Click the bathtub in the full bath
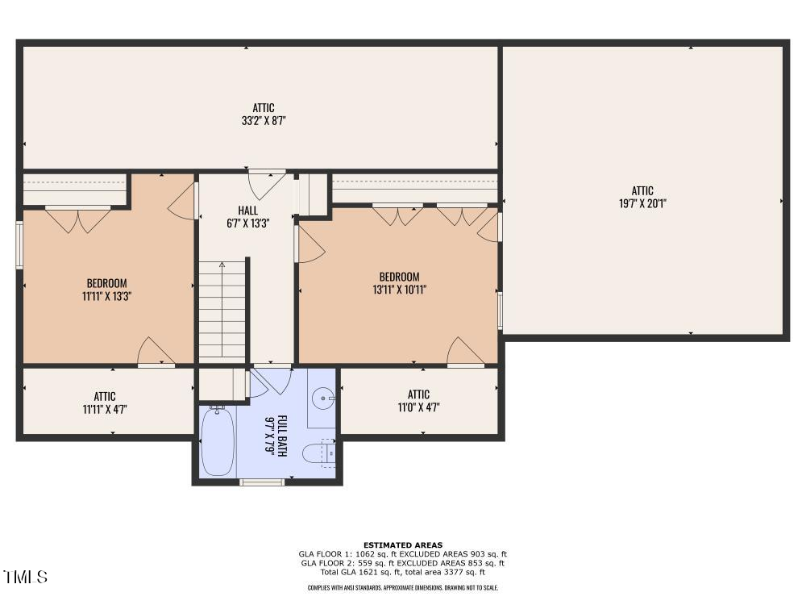[217, 441]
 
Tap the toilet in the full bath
[317, 453]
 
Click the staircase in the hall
[222, 311]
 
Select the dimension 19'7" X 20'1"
[642, 203]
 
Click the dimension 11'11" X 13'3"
[107, 296]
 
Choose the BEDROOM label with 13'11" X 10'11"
[399, 277]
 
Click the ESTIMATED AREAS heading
[403, 545]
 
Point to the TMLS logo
[25, 577]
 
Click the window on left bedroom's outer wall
[20, 244]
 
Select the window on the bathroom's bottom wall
[262, 482]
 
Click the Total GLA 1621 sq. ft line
[403, 572]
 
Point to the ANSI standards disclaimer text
[403, 588]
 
